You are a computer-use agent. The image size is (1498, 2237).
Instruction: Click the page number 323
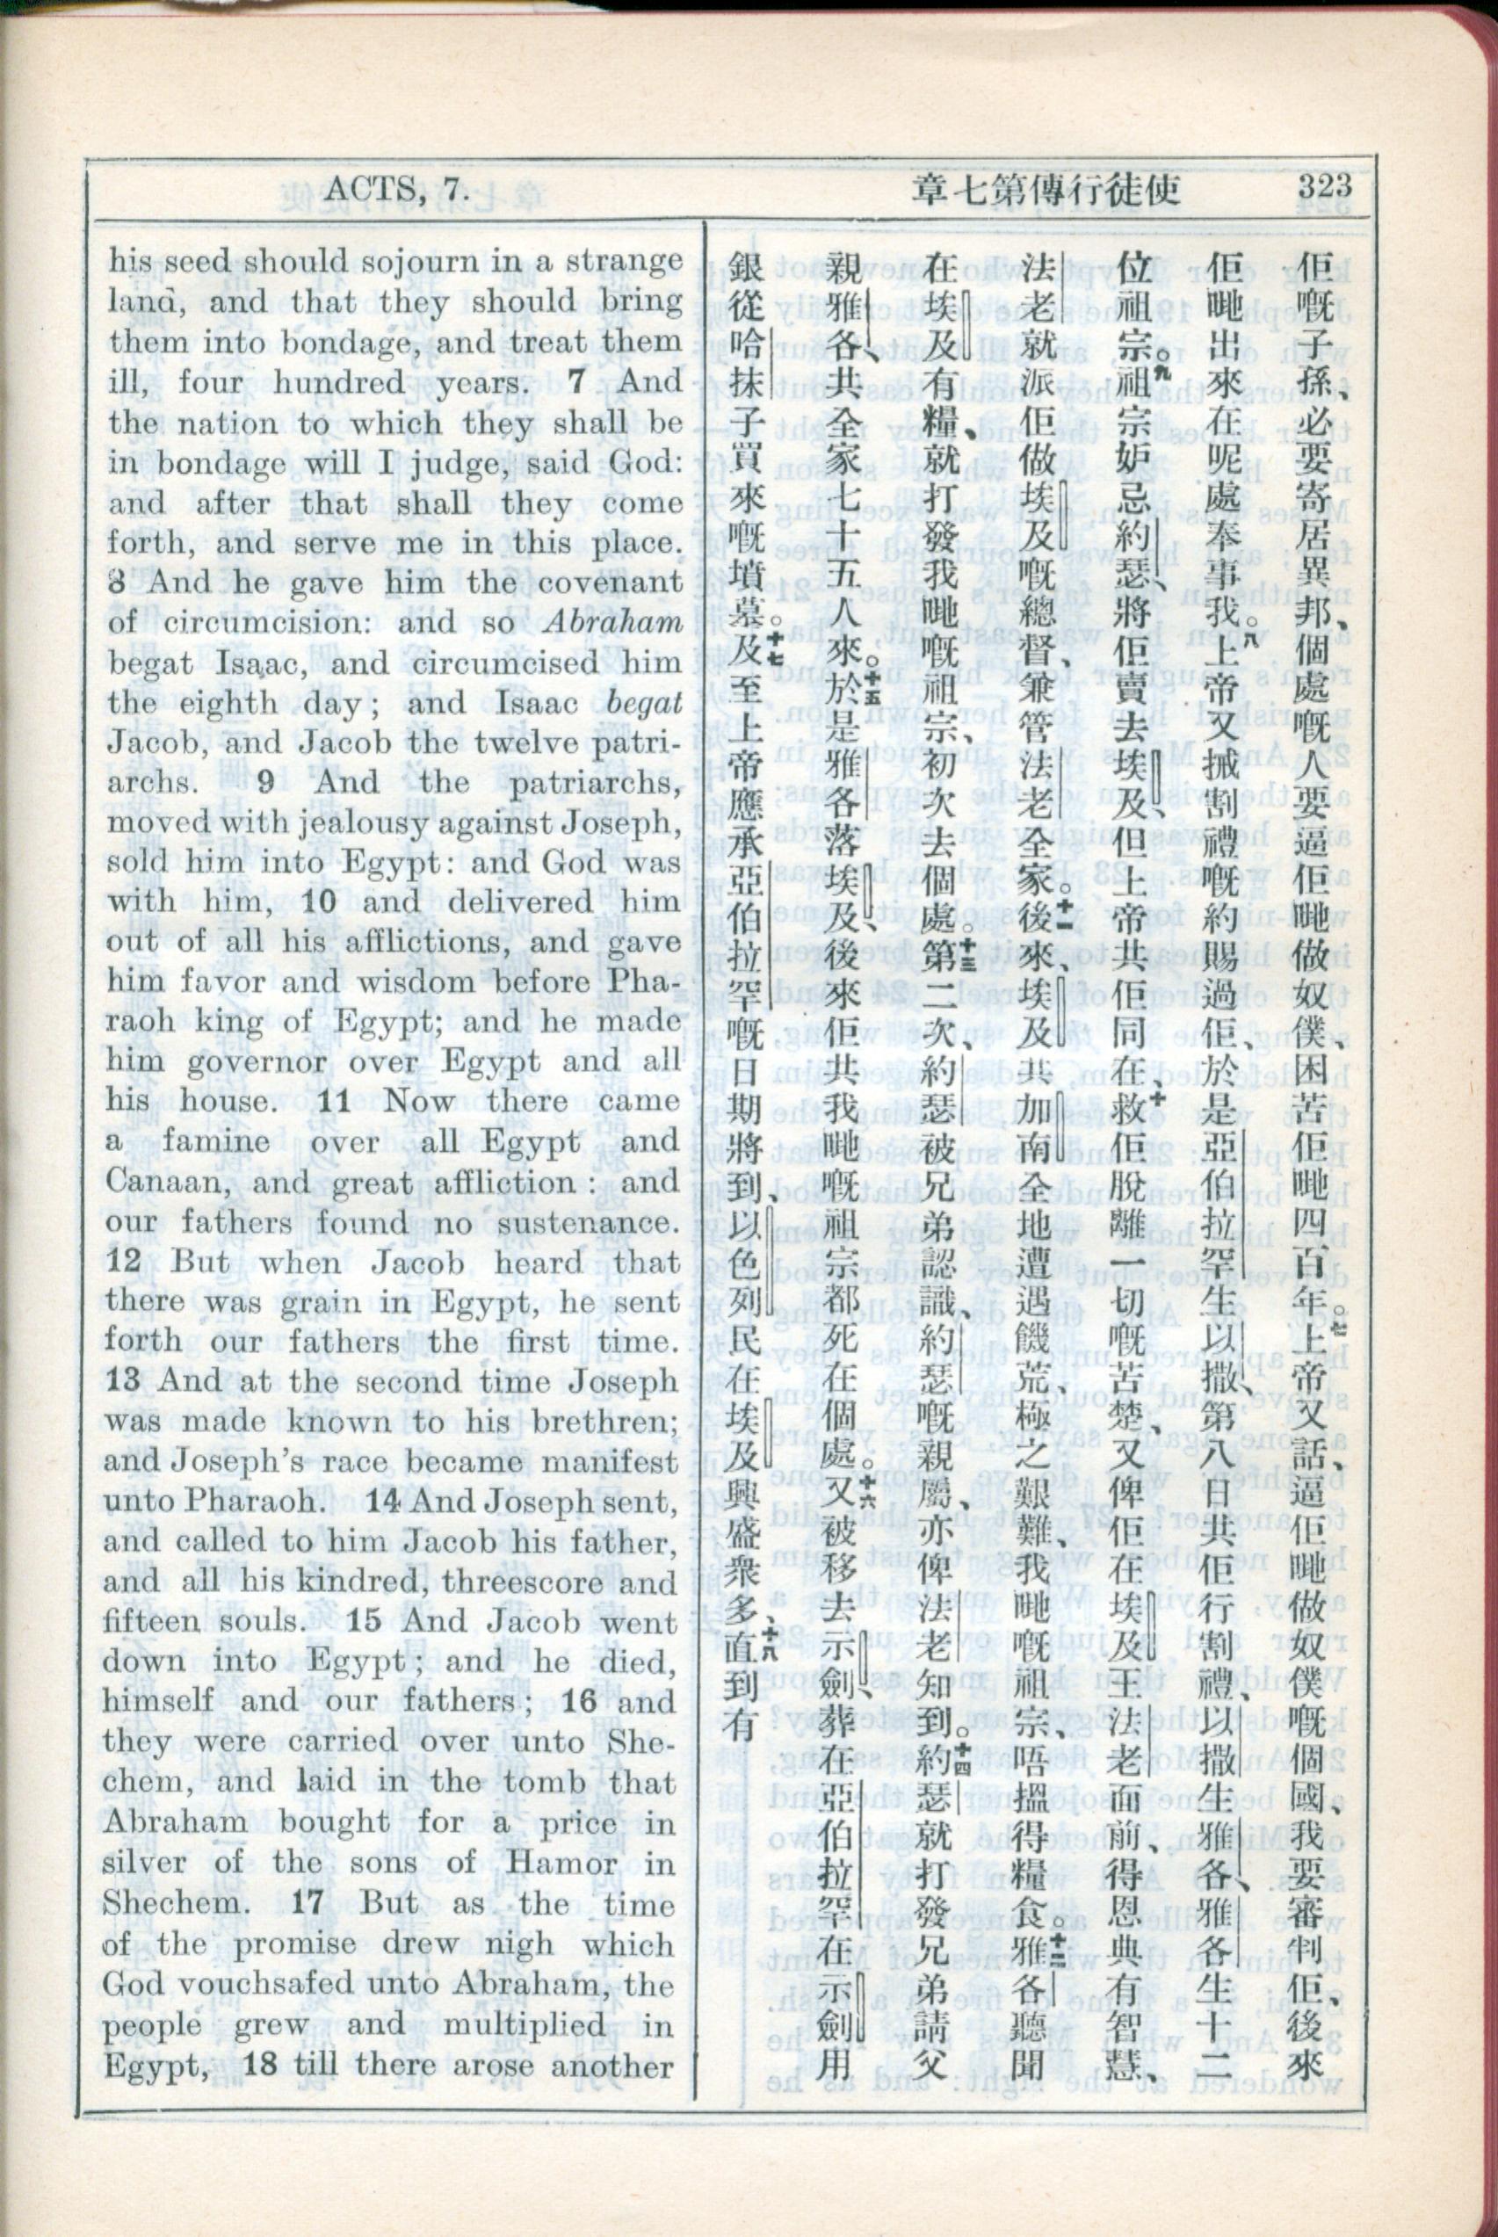[x=1323, y=185]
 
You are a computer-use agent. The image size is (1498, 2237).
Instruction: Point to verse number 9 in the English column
[x=265, y=782]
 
